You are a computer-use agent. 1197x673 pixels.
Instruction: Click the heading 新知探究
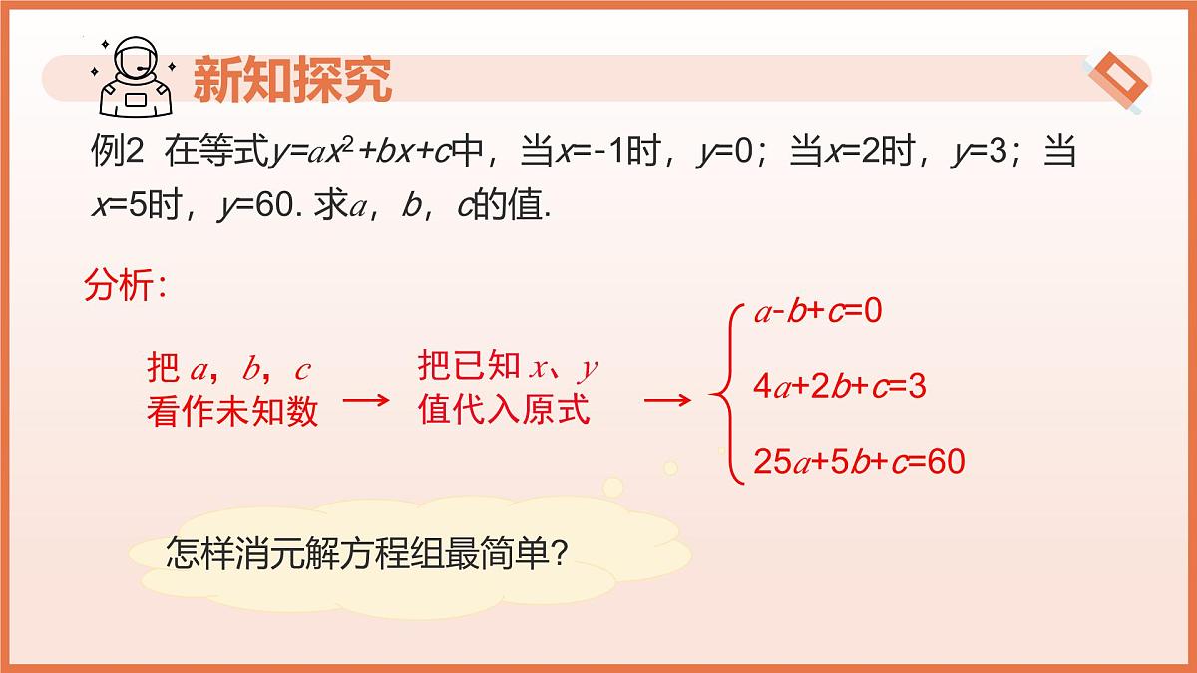tap(291, 79)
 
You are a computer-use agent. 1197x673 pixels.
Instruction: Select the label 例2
tap(118, 153)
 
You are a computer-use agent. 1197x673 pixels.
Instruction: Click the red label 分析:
tap(124, 287)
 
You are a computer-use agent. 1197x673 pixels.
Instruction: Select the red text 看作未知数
tap(232, 411)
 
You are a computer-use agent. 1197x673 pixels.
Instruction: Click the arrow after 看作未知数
tap(366, 401)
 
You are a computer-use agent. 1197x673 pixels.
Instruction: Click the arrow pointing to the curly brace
tap(667, 401)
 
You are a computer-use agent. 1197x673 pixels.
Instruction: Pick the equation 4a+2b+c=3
tap(840, 386)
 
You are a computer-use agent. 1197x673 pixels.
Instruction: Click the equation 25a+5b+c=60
tap(859, 461)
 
